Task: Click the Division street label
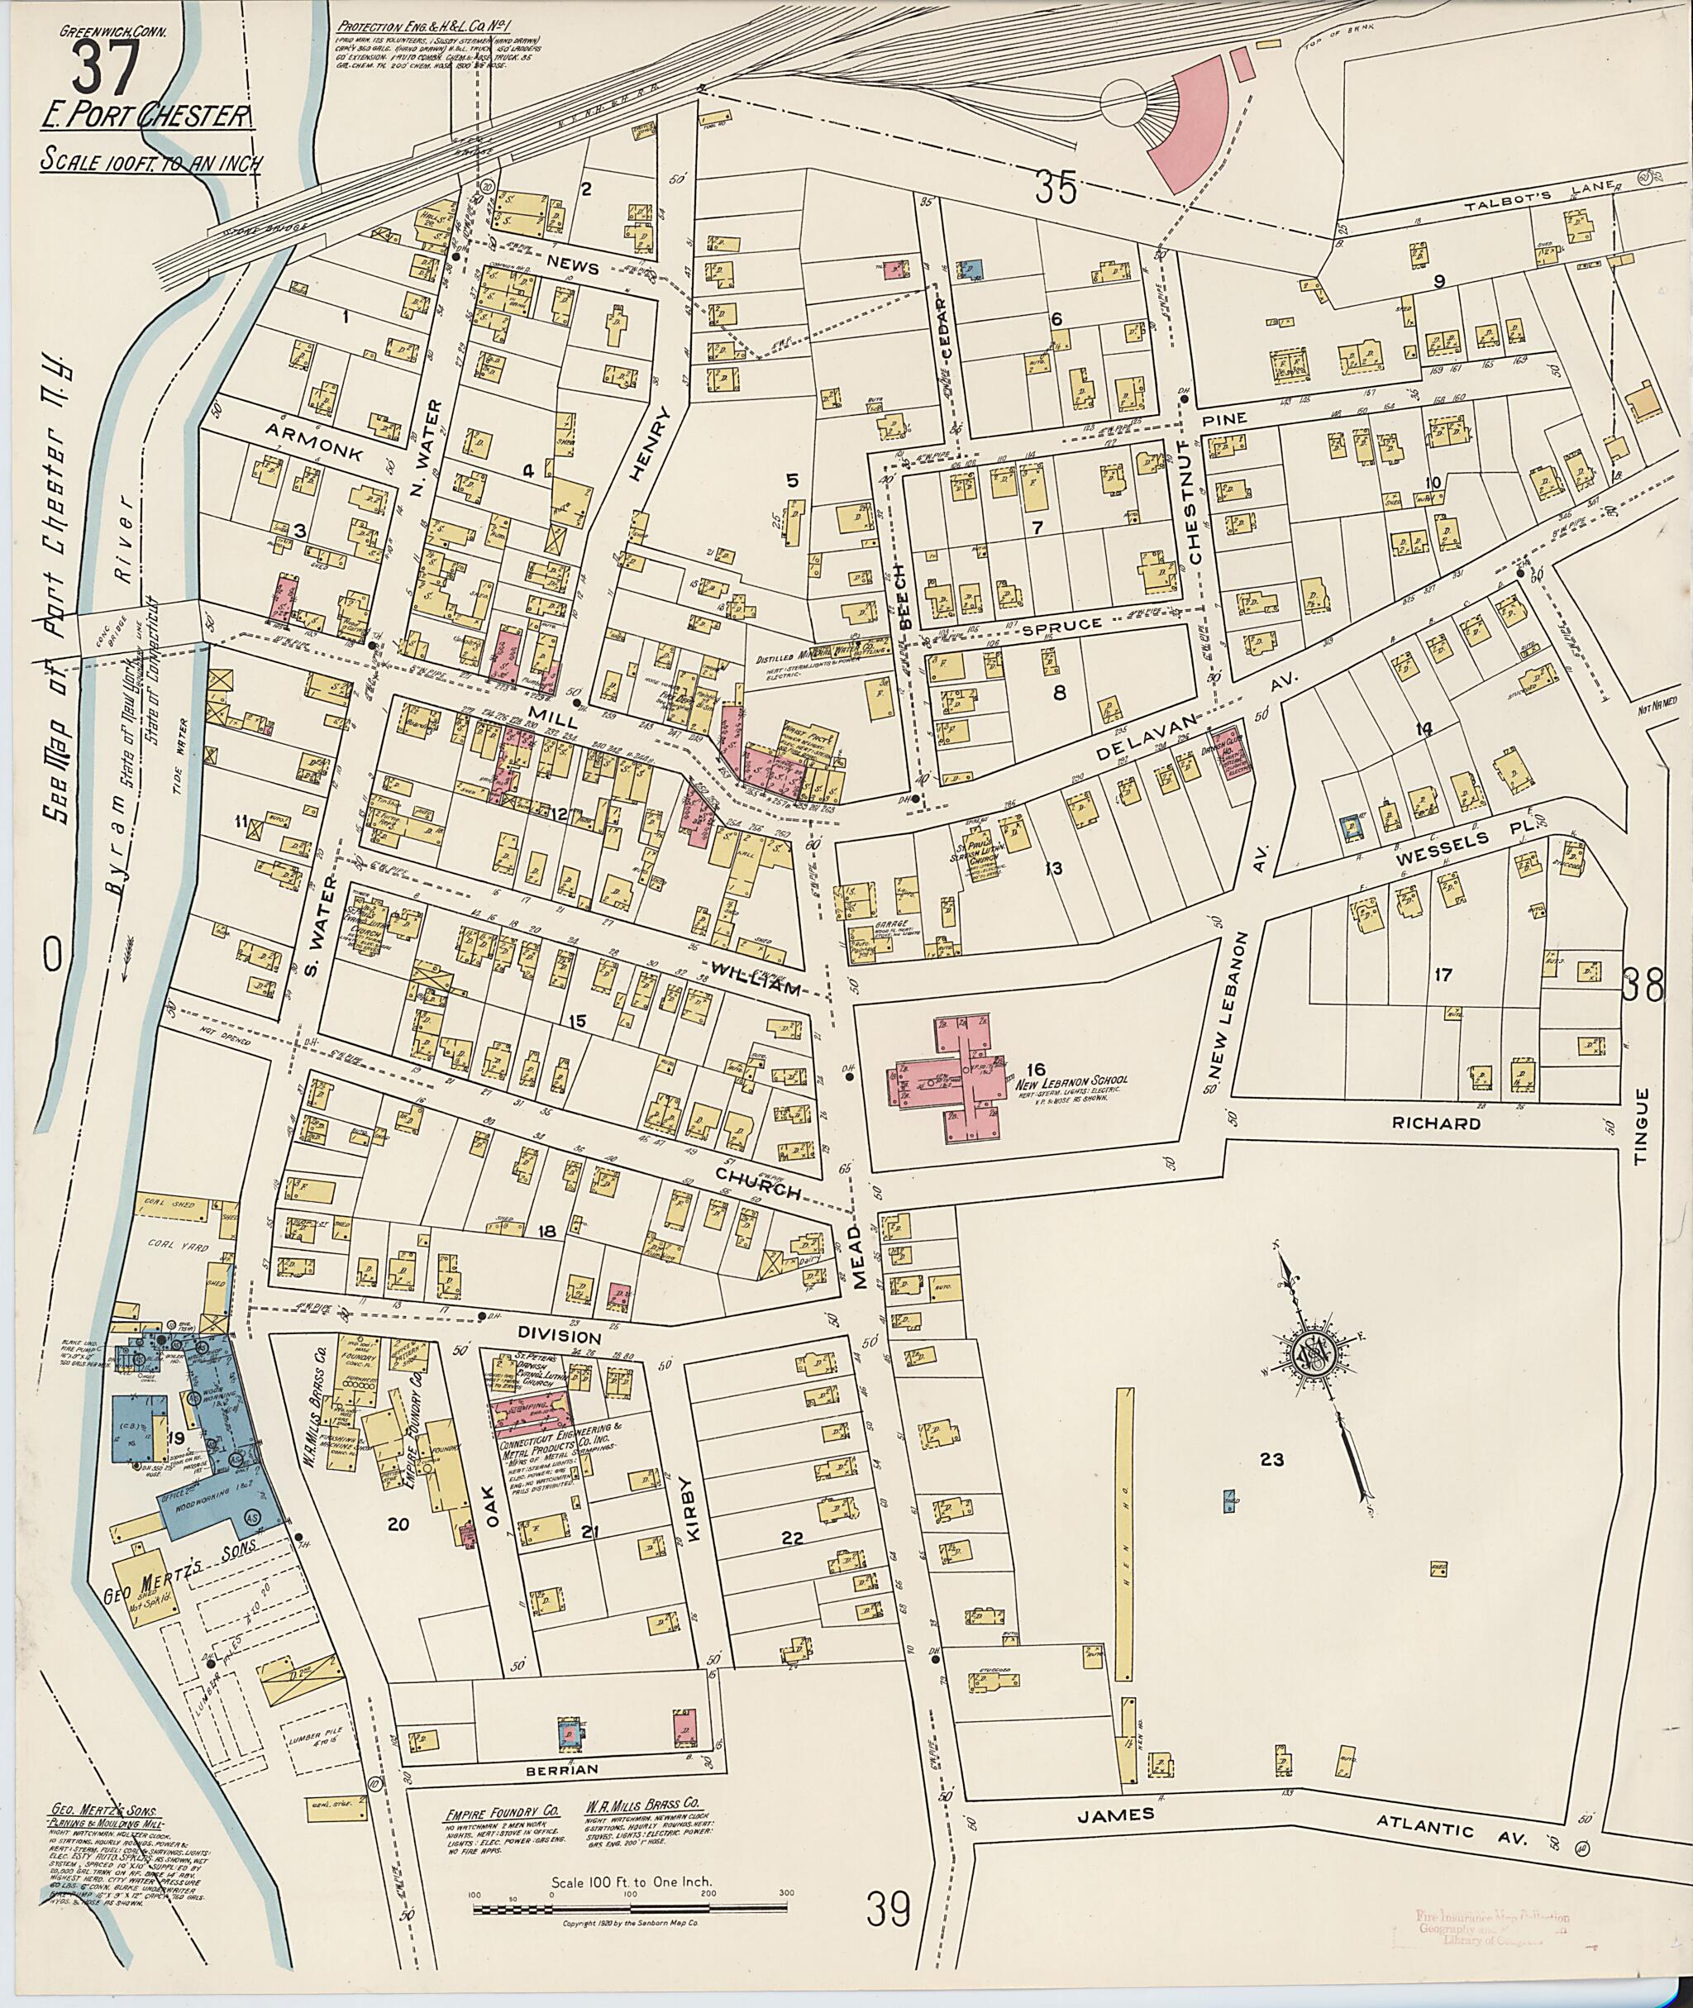[560, 1336]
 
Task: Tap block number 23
[1271, 1459]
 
